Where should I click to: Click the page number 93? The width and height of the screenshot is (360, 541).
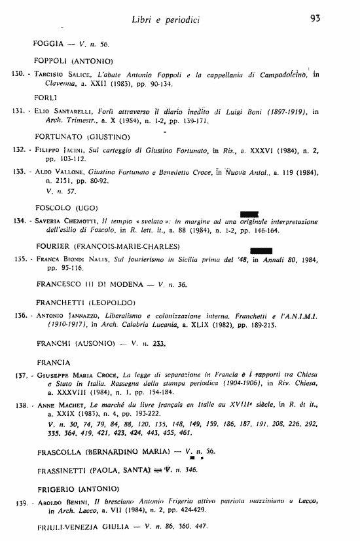coord(314,19)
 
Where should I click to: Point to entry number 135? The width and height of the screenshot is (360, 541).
coord(20,259)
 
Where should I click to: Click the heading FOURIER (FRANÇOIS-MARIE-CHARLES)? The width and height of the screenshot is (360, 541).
coord(107,246)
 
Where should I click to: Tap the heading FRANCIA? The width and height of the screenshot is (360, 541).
coord(54,362)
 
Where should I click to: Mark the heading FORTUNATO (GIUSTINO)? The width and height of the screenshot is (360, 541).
coord(82,137)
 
